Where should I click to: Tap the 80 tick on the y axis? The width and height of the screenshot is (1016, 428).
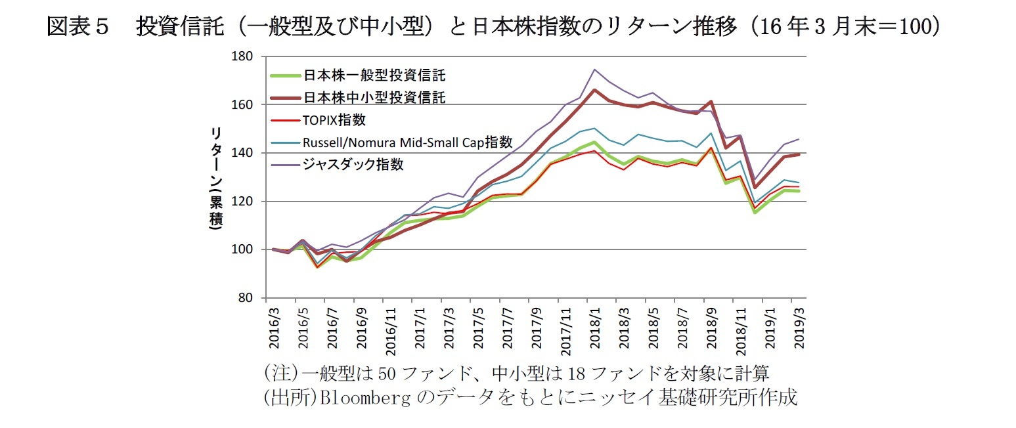point(247,298)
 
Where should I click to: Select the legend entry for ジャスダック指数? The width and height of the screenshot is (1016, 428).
point(353,164)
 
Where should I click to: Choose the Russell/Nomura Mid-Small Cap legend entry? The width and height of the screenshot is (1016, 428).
point(407,142)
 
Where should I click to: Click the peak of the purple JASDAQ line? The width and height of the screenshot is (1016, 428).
point(594,69)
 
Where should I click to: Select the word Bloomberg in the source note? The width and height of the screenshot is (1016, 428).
point(350,398)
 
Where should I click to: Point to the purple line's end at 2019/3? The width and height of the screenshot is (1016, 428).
point(799,139)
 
